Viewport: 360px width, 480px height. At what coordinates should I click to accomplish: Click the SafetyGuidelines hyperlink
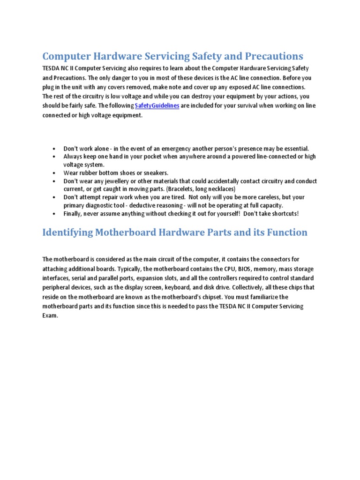pyautogui.click(x=157, y=106)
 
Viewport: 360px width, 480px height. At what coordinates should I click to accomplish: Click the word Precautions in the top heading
pyautogui.click(x=272, y=56)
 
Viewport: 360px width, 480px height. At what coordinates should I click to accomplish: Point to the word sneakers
pyautogui.click(x=153, y=173)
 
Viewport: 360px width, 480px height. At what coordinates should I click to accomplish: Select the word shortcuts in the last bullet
pyautogui.click(x=282, y=214)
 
